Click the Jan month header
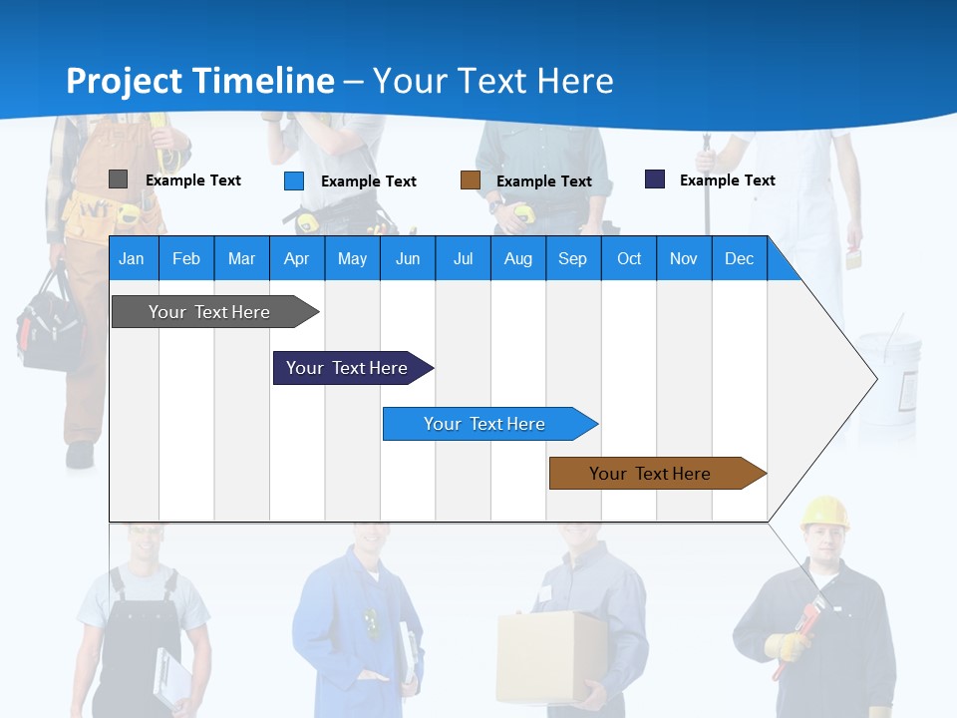[x=132, y=258]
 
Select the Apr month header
[x=296, y=258]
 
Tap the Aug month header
[x=517, y=258]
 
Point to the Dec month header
[x=739, y=258]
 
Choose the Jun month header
[x=407, y=258]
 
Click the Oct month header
[x=628, y=258]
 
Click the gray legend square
[x=118, y=179]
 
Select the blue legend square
[x=293, y=180]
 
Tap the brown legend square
[x=470, y=179]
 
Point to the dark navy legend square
[x=654, y=179]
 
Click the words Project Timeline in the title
[x=199, y=81]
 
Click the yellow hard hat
[x=824, y=512]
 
